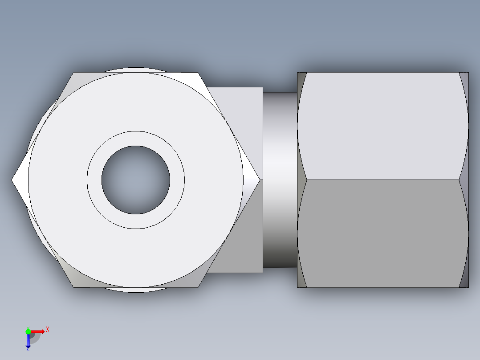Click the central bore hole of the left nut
coord(135,180)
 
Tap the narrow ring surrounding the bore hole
coord(135,139)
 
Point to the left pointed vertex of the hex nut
coord(13,180)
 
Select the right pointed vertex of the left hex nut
coord(259,180)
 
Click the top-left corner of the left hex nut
coord(74,73)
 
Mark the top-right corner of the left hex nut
coord(198,73)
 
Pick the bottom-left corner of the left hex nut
coord(74,287)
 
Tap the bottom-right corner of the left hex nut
coord(198,287)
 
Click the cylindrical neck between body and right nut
coord(280,180)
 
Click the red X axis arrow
coord(39,331)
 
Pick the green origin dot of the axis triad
coord(28,331)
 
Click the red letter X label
coord(48,329)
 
